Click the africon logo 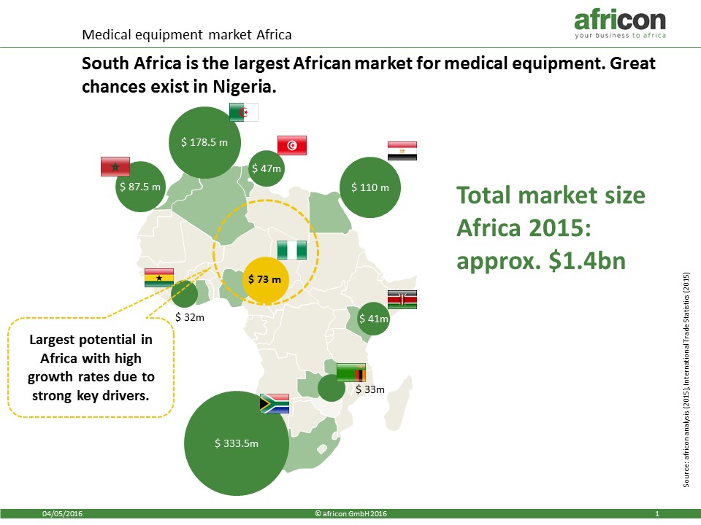pos(620,25)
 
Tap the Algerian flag pos(244,112)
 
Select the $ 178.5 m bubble pos(204,142)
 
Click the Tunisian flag pos(292,146)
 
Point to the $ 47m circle pos(267,168)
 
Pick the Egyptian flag pos(402,151)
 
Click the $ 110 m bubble pos(370,187)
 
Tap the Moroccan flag pos(115,166)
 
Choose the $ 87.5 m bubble pos(140,187)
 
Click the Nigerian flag pos(292,250)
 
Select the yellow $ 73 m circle pos(265,280)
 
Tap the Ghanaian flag pos(159,278)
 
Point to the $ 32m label pos(190,317)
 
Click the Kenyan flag pos(402,300)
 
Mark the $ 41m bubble pos(373,319)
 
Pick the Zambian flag pos(351,373)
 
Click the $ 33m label pos(370,389)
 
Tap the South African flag pos(275,403)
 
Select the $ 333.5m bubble pos(237,443)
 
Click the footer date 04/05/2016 pos(62,514)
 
